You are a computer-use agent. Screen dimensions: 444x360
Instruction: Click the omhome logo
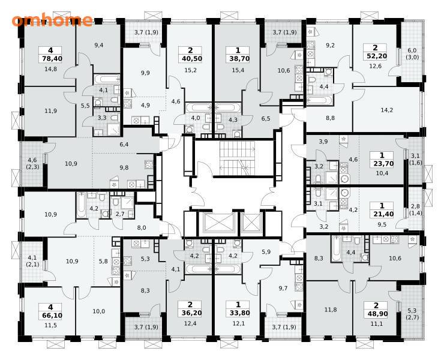click(52, 20)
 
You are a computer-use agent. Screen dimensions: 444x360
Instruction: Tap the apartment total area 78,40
click(50, 59)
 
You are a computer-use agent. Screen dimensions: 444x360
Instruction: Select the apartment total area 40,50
click(190, 59)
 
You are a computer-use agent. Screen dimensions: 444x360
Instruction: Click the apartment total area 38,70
click(238, 59)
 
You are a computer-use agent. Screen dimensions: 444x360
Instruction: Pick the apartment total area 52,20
click(377, 56)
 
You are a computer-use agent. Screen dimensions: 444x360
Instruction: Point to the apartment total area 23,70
click(382, 163)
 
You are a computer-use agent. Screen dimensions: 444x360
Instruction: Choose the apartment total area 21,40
click(382, 214)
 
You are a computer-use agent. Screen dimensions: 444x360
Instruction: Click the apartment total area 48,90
click(376, 314)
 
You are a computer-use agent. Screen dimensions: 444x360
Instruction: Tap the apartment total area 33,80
click(238, 313)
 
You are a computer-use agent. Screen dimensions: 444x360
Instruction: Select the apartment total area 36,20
click(190, 313)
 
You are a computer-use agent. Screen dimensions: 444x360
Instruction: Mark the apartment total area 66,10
click(51, 315)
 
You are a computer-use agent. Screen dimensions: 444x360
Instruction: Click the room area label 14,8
click(50, 68)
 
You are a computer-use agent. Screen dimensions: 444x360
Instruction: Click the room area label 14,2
click(386, 110)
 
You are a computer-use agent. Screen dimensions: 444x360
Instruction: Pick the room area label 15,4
click(238, 70)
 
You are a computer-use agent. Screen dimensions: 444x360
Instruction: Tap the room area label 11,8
click(331, 310)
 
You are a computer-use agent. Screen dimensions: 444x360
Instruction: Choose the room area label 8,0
click(141, 227)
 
